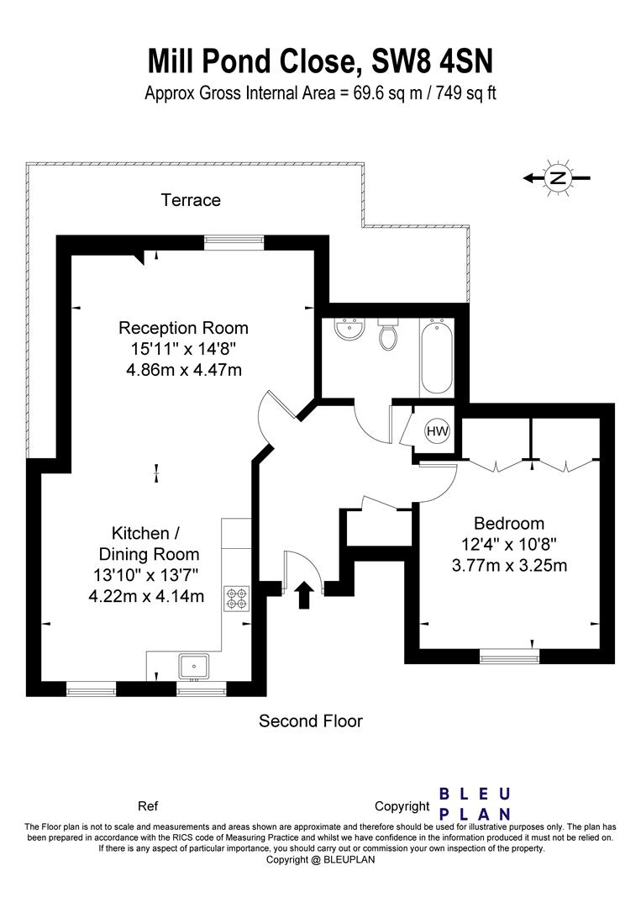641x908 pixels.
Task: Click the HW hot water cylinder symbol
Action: click(438, 430)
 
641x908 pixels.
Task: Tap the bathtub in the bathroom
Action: click(437, 356)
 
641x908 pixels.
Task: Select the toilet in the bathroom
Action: click(387, 334)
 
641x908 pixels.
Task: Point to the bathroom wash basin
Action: click(349, 329)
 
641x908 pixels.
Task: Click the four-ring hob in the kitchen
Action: click(237, 599)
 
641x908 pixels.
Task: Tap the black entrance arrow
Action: click(304, 596)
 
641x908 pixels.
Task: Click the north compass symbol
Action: click(557, 177)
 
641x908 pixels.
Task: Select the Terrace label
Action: click(191, 200)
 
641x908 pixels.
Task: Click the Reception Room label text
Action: click(183, 328)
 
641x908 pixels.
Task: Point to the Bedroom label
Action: click(509, 523)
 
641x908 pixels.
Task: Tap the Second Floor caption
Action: click(311, 721)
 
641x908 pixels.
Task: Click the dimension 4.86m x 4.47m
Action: click(184, 369)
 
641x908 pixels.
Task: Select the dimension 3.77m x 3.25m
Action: click(510, 565)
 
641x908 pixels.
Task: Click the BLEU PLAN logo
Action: click(475, 803)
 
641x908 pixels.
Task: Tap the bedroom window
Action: click(509, 656)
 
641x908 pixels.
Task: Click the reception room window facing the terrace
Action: click(234, 242)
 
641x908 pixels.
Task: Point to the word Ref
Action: click(148, 806)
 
